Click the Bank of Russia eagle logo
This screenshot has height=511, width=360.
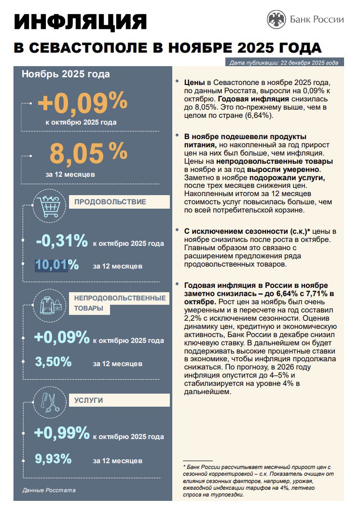click(277, 19)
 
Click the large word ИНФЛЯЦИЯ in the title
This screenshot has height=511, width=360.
click(80, 23)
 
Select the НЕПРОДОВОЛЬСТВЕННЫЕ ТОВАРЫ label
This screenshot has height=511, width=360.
click(120, 303)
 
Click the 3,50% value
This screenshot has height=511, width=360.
click(53, 361)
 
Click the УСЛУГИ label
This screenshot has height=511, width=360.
click(89, 400)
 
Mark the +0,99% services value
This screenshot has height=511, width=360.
click(62, 433)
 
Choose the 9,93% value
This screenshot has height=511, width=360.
click(53, 458)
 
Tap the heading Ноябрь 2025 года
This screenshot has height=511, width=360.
click(66, 74)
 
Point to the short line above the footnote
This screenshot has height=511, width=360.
click(198, 461)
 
